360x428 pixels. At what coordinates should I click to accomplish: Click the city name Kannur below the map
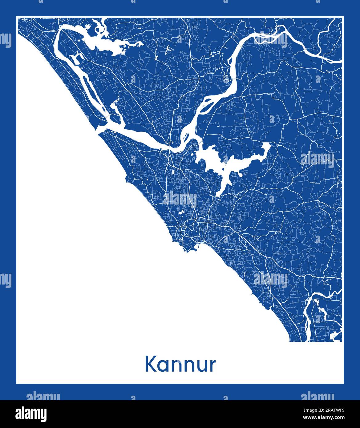[x=180, y=365]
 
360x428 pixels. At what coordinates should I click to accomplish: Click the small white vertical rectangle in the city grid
[x=173, y=173]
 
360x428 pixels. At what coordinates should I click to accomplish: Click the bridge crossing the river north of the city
[x=168, y=148]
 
